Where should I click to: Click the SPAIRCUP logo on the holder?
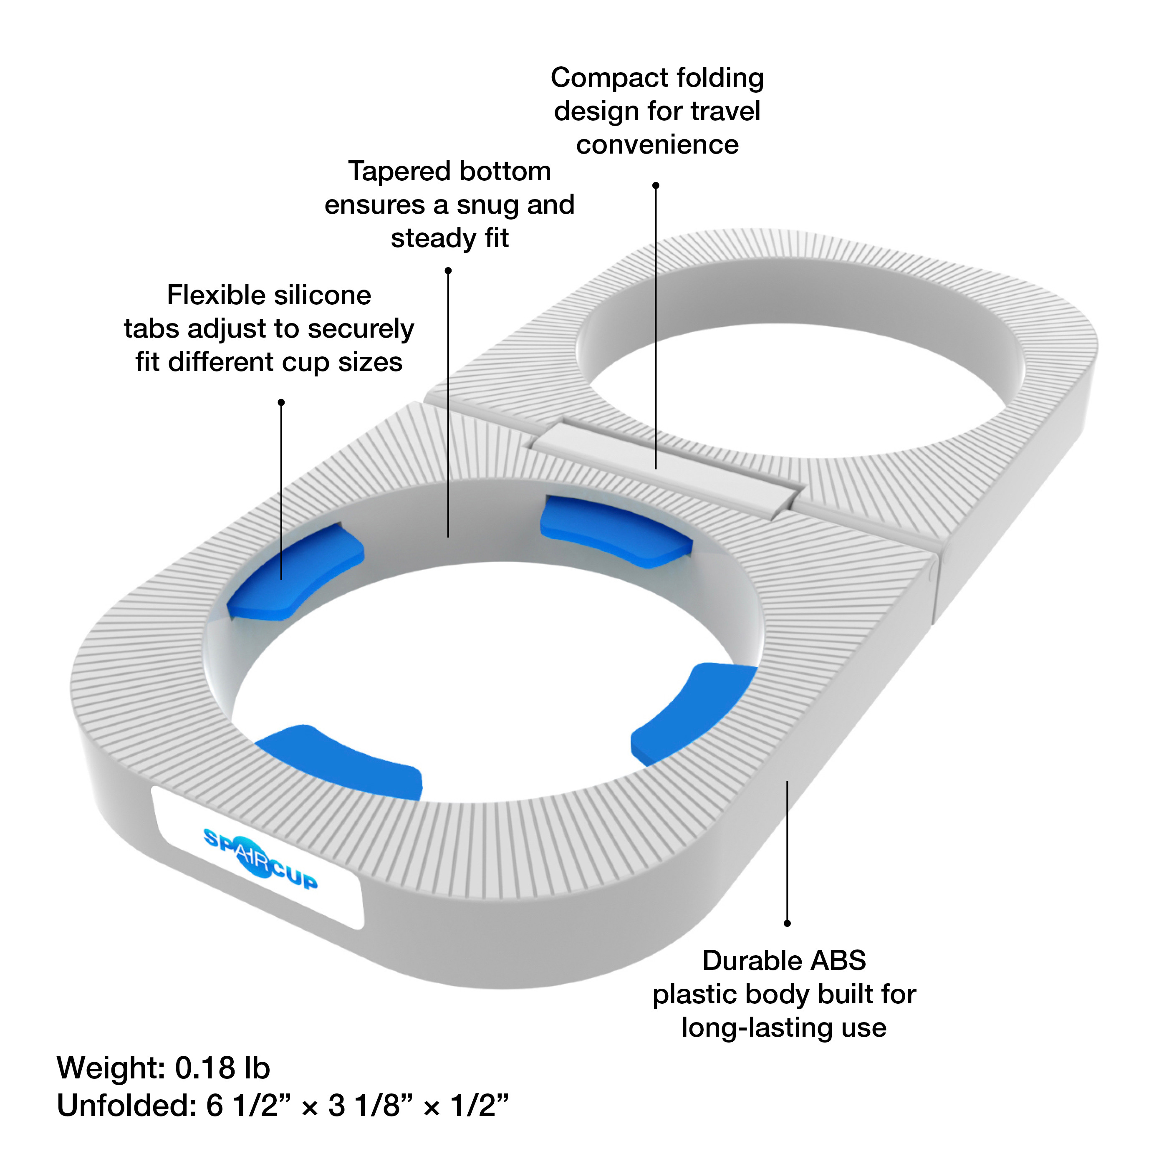coord(260,858)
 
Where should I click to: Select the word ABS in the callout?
coord(838,961)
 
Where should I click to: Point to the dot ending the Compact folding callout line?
coord(656,185)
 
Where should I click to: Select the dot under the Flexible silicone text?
coord(281,402)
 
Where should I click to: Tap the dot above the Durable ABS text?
coord(787,923)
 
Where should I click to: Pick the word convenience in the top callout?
coord(657,145)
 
